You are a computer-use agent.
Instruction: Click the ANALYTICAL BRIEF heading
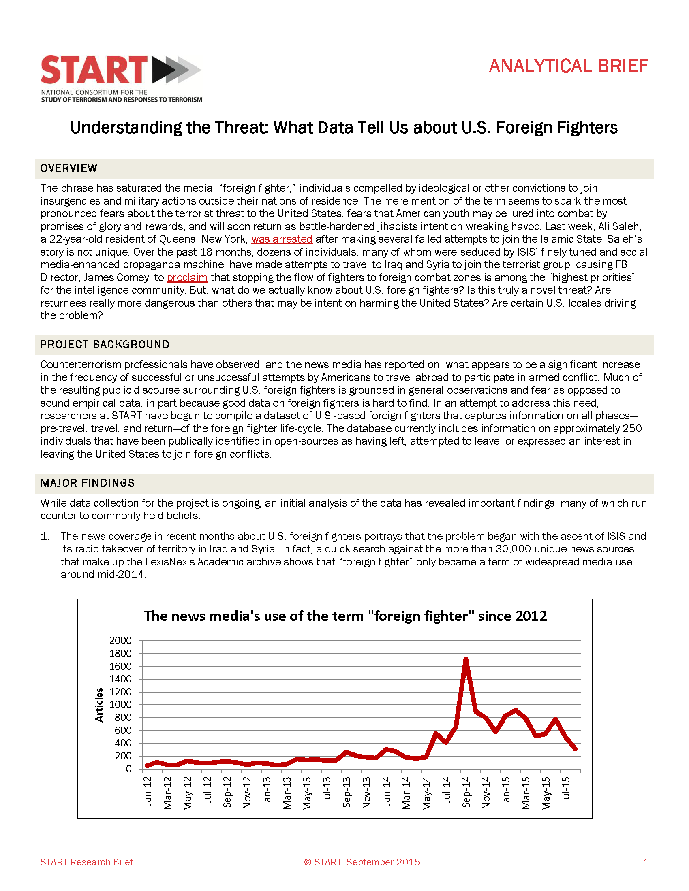(x=568, y=66)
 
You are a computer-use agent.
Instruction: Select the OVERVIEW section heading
(x=68, y=168)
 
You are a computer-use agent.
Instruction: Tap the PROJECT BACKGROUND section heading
(x=105, y=345)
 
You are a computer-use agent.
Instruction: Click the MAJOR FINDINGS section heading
(x=88, y=483)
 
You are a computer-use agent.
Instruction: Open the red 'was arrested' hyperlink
(x=282, y=239)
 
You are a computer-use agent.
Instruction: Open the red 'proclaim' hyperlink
(x=187, y=277)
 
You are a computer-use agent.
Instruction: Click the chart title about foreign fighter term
(x=345, y=616)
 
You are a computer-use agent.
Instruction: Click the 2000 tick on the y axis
(x=120, y=641)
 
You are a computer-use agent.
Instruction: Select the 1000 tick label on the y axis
(x=120, y=705)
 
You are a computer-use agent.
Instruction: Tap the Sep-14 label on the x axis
(x=466, y=792)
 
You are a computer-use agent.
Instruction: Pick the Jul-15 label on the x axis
(x=566, y=790)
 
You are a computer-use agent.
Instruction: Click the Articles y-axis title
(x=99, y=705)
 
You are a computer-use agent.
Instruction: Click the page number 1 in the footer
(x=645, y=862)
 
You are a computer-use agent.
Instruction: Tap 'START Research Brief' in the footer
(x=87, y=862)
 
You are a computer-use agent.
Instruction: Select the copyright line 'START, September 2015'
(x=362, y=862)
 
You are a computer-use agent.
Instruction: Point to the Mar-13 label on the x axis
(x=287, y=793)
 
